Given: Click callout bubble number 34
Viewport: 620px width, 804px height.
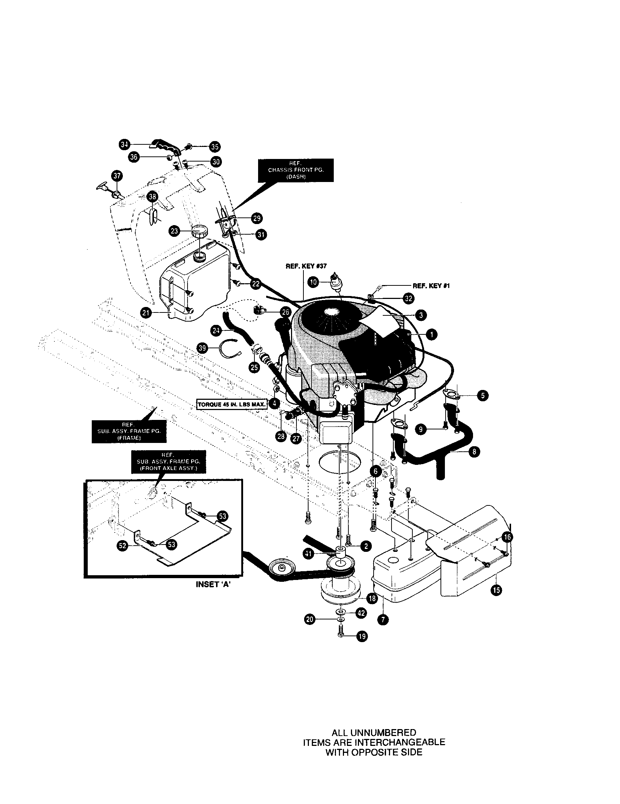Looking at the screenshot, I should pyautogui.click(x=124, y=145).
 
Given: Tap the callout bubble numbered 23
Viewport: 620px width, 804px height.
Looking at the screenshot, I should pyautogui.click(x=174, y=231).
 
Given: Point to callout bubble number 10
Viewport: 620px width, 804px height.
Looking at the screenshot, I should pyautogui.click(x=313, y=282).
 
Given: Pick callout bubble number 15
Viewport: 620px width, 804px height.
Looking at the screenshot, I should pyautogui.click(x=496, y=590).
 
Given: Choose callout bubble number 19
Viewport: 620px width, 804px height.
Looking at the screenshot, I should pyautogui.click(x=363, y=637).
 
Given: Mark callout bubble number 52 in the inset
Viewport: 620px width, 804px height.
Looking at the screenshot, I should pyautogui.click(x=122, y=546).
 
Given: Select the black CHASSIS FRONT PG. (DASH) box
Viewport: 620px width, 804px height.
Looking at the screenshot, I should pyautogui.click(x=296, y=170).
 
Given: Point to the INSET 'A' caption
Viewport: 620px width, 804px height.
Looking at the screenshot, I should pyautogui.click(x=213, y=584).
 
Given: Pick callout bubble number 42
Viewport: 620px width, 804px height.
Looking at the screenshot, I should pyautogui.click(x=362, y=613).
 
